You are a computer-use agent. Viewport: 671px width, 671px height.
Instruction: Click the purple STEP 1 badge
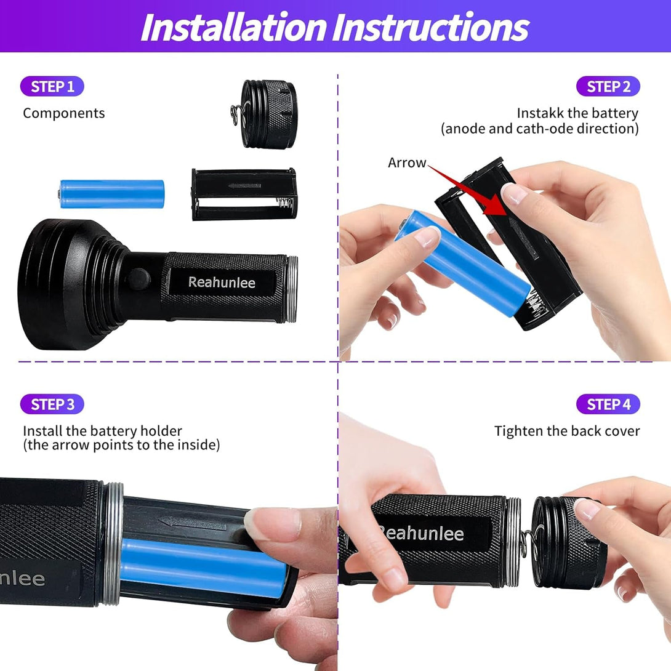52,87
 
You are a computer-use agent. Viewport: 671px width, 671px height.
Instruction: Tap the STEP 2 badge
608,87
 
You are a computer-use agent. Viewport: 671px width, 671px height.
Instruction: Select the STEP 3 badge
52,404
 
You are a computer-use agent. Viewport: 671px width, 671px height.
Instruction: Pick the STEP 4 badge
608,404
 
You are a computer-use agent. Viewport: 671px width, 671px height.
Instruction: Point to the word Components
64,113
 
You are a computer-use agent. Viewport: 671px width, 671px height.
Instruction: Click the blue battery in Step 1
111,193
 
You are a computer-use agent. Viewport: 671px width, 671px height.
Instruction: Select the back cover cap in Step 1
268,114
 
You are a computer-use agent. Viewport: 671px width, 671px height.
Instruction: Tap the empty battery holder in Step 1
244,194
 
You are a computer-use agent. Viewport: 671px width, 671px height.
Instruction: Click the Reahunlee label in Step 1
222,283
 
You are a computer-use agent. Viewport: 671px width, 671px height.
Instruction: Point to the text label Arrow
406,163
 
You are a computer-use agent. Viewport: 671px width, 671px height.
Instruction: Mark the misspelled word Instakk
539,113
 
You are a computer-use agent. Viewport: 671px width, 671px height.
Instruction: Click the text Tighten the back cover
567,431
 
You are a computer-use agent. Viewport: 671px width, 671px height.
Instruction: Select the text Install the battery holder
103,431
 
